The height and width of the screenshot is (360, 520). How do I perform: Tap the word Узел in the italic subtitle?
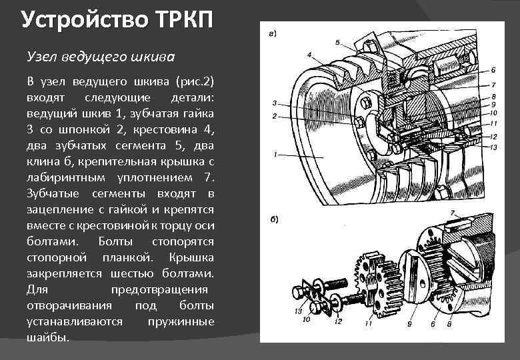(40, 53)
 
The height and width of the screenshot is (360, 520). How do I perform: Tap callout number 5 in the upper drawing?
(337, 43)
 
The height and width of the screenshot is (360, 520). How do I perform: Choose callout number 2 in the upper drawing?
(273, 117)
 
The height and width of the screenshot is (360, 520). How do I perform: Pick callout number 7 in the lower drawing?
(453, 213)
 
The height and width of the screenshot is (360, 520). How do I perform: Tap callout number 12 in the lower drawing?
(338, 322)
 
